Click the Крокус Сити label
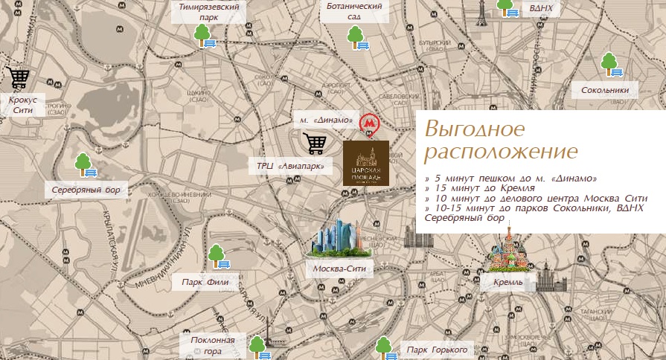[22, 104]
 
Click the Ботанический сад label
[354, 11]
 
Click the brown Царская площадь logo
[365, 163]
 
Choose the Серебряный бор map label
[86, 190]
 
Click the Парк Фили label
[209, 283]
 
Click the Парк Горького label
[436, 349]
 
